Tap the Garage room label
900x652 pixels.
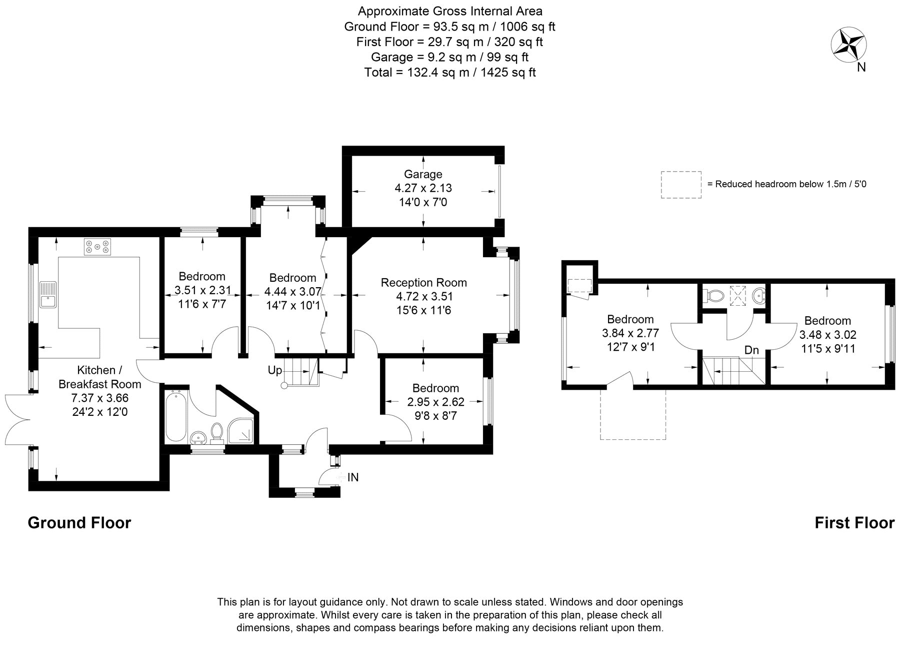click(x=423, y=174)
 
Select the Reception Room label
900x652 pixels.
click(x=423, y=283)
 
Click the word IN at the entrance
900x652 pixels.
click(x=353, y=477)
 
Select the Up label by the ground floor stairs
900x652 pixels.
click(x=275, y=371)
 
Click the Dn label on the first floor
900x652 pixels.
click(x=751, y=350)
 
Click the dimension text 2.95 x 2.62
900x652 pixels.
click(x=435, y=402)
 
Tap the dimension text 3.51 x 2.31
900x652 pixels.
click(x=202, y=290)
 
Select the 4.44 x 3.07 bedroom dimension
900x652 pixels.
click(x=292, y=292)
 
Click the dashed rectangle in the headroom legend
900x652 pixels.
click(x=680, y=185)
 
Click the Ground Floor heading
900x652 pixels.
click(x=79, y=522)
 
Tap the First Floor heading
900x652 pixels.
click(x=854, y=523)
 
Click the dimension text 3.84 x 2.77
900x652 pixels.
click(x=630, y=333)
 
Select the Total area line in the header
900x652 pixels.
click(x=449, y=73)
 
